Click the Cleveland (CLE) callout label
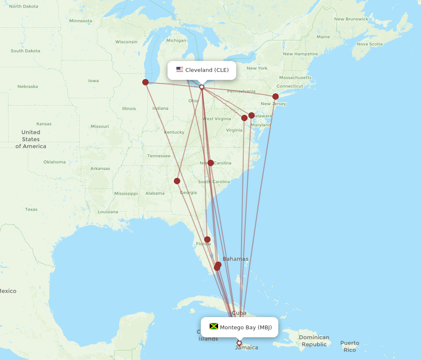tap(202, 70)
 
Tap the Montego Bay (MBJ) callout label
tap(240, 327)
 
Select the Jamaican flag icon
tap(214, 326)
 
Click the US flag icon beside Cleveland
tap(180, 70)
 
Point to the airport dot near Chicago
tap(145, 82)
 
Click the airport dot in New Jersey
tap(275, 96)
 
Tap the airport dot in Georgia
tap(177, 181)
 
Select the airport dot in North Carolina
tap(210, 163)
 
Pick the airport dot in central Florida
tap(207, 239)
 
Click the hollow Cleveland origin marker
tap(202, 87)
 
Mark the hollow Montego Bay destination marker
tap(239, 343)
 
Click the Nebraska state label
tap(28, 87)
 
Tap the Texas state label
tap(31, 209)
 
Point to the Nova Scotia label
tap(370, 44)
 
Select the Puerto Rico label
tap(350, 346)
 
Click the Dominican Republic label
tap(314, 341)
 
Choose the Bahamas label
tap(235, 259)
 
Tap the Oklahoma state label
tap(54, 162)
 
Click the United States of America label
tap(31, 139)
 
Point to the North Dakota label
tap(24, 6)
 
